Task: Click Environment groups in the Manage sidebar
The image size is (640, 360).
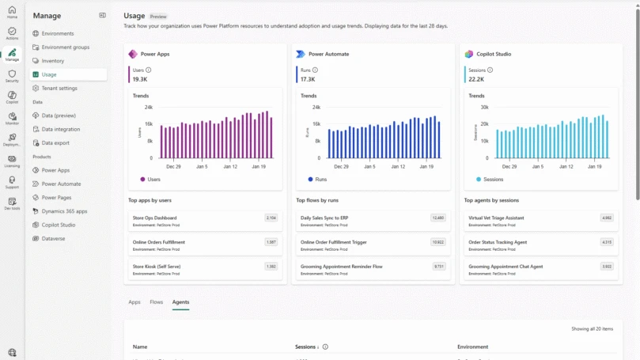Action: pyautogui.click(x=65, y=47)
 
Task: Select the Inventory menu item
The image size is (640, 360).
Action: pyautogui.click(x=53, y=61)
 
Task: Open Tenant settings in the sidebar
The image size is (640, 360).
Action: pyautogui.click(x=59, y=88)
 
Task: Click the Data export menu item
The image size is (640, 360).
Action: pyautogui.click(x=55, y=143)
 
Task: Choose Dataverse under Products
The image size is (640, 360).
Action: pyautogui.click(x=55, y=238)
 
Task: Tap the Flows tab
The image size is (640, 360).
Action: pyautogui.click(x=157, y=302)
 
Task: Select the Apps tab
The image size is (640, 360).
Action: pyautogui.click(x=134, y=302)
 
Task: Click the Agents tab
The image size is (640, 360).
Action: pyautogui.click(x=180, y=302)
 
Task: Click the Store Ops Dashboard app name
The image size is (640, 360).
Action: pyautogui.click(x=155, y=218)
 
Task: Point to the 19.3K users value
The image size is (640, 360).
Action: pyautogui.click(x=140, y=79)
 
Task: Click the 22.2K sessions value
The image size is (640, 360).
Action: pyautogui.click(x=476, y=79)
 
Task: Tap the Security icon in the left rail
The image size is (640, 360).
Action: pyautogui.click(x=12, y=75)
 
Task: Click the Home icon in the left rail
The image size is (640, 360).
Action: pyautogui.click(x=12, y=11)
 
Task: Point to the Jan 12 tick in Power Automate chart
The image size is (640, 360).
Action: pyautogui.click(x=397, y=167)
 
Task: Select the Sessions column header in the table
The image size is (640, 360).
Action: pyautogui.click(x=305, y=347)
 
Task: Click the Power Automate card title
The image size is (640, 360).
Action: pyautogui.click(x=328, y=55)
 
